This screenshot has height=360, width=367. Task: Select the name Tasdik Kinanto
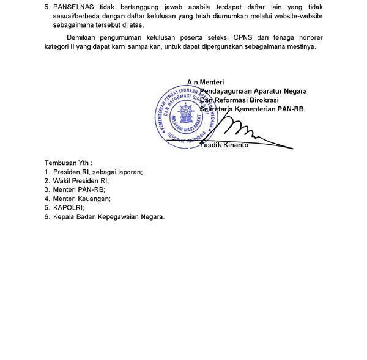coord(224,145)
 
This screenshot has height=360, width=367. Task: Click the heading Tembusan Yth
coord(68,163)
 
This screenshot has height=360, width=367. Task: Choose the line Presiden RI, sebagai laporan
coord(98,172)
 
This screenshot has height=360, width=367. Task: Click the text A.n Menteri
coord(206,82)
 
